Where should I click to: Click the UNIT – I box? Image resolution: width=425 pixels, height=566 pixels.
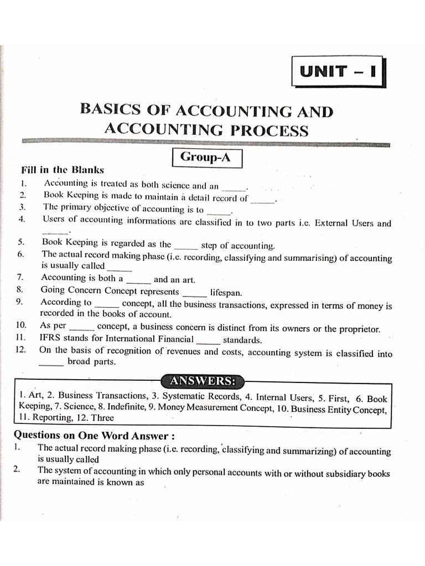coord(338,72)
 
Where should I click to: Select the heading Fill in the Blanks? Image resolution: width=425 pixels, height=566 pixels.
coord(62,170)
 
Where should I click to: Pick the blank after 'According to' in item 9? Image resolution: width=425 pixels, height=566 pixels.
coord(107,305)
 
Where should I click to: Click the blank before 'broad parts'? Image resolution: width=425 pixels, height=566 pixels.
coord(51,364)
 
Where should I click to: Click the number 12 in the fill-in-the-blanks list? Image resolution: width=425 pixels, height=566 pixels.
coord(22,350)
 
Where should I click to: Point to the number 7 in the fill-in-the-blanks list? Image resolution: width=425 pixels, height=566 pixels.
coord(20,278)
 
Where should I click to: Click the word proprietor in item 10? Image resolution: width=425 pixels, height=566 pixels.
coord(359,328)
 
